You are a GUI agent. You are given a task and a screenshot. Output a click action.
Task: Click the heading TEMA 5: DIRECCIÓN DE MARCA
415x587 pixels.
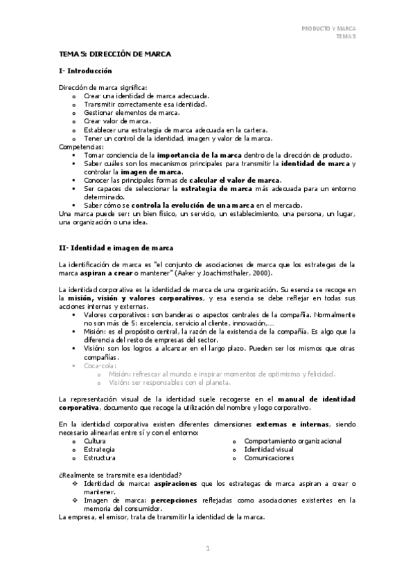115,53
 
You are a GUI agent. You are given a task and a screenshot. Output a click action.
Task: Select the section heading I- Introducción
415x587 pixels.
85,71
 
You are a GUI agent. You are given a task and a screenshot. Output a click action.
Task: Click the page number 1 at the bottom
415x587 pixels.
207,549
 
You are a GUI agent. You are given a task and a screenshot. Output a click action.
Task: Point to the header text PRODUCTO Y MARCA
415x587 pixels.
328,28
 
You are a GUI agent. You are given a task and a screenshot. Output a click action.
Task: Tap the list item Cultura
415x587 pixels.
95,440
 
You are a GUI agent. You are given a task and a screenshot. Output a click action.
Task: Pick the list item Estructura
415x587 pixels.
99,458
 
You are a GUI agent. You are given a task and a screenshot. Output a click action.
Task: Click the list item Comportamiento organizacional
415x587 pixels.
293,440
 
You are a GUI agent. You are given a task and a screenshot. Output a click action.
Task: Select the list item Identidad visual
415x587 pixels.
269,449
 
